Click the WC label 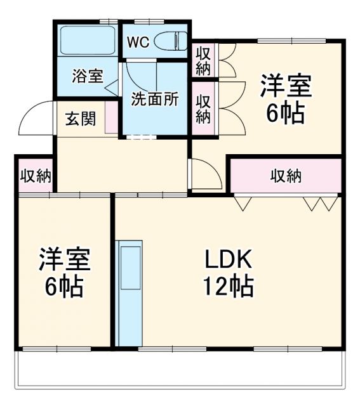click(x=138, y=43)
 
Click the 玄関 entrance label click(x=80, y=119)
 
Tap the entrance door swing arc click(x=37, y=118)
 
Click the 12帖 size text click(x=229, y=287)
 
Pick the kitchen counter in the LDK click(x=129, y=292)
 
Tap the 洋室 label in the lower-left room click(x=63, y=259)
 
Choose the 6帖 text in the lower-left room click(x=63, y=287)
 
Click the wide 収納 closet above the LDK click(x=286, y=176)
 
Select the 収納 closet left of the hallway click(x=35, y=176)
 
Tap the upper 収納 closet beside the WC click(x=203, y=59)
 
